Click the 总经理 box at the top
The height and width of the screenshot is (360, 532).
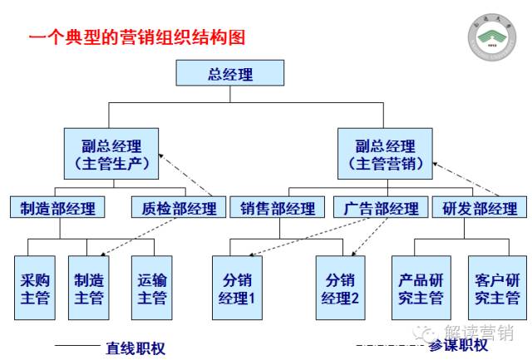[x=230, y=75]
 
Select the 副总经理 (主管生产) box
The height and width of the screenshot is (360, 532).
[x=111, y=154]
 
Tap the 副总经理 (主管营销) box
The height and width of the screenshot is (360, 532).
[x=385, y=154]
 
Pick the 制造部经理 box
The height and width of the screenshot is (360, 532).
[x=57, y=208]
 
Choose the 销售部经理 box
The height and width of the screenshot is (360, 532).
[x=278, y=208]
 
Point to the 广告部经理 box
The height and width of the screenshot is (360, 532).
[x=381, y=208]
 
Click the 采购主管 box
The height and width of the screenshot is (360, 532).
[x=35, y=288]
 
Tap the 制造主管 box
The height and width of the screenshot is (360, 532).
[x=88, y=288]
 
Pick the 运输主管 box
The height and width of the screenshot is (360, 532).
[x=152, y=288]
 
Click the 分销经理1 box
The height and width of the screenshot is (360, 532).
[x=237, y=288]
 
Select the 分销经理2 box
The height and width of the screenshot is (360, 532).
[x=342, y=288]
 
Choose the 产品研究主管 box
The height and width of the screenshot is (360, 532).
[x=420, y=288]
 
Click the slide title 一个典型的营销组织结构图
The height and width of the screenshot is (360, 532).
[x=137, y=37]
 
